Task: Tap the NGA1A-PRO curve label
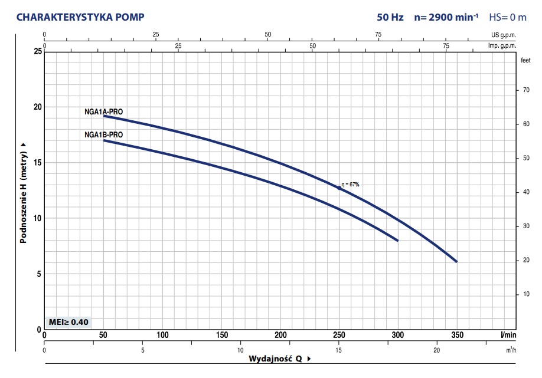click(104, 111)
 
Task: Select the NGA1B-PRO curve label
click(104, 135)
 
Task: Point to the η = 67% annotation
click(350, 185)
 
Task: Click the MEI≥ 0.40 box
click(69, 322)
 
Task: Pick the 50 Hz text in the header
click(390, 17)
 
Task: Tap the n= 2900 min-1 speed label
click(446, 17)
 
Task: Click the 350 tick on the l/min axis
click(456, 336)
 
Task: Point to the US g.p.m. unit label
click(504, 35)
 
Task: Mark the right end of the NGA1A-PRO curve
click(456, 261)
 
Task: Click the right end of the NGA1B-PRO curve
click(397, 241)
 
